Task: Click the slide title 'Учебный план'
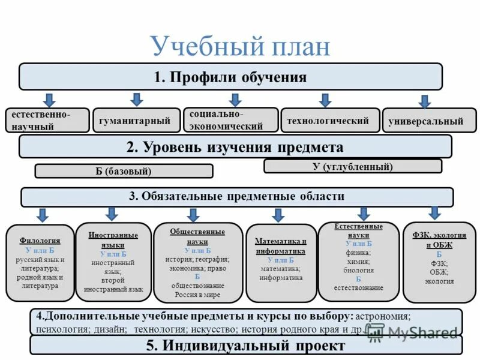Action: point(240,46)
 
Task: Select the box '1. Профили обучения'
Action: point(230,77)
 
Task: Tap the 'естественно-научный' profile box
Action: point(47,121)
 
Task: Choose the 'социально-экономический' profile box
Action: point(230,120)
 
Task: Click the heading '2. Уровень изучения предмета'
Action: point(235,147)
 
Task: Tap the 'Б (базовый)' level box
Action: point(124,172)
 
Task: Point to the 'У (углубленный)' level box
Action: point(353,166)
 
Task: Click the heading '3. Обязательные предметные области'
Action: point(238,197)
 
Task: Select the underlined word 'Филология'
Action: point(40,241)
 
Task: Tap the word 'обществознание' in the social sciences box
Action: point(197,286)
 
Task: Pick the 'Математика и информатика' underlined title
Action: point(281,246)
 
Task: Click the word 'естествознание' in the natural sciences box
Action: point(358,287)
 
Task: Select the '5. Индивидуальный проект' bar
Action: point(246,346)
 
